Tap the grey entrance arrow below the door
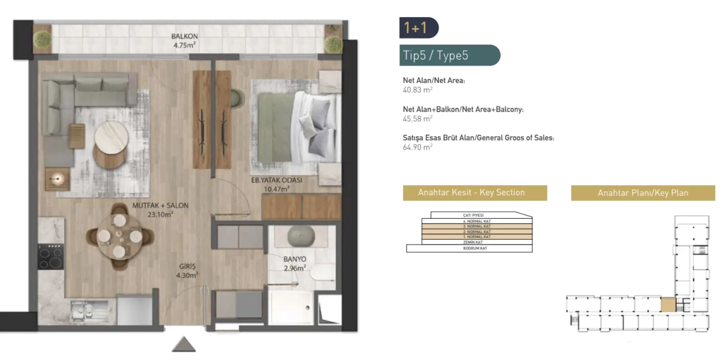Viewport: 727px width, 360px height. pos(184,344)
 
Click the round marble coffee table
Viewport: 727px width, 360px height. pos(111,136)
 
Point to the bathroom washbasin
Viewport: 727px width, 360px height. pos(301,236)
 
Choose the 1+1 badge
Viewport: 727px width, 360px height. pos(418,28)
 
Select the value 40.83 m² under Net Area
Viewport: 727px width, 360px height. pos(417,90)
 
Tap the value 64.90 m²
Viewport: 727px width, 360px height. pos(417,147)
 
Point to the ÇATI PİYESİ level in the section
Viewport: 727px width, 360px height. pos(473,215)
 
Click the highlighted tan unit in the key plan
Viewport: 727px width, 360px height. pos(668,305)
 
